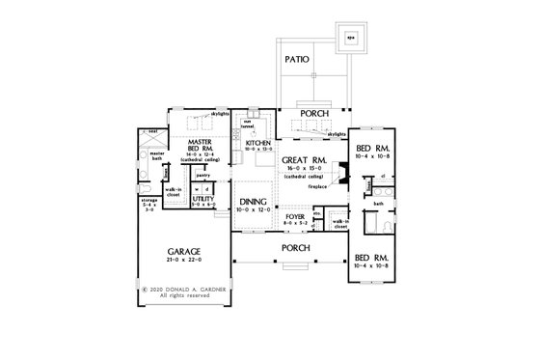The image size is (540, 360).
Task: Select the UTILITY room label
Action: pos(205,199)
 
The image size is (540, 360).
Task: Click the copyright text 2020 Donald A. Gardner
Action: pos(181,288)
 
